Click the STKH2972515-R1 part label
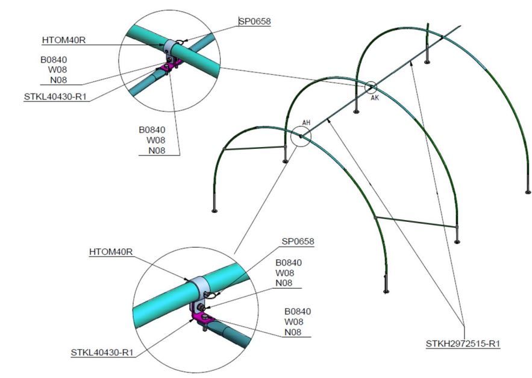tap(463, 344)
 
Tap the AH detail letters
tap(306, 122)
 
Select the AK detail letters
tap(375, 98)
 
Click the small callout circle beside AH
tap(301, 136)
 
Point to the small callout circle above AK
tap(371, 87)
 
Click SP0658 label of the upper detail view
tap(255, 21)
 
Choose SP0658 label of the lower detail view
tap(298, 242)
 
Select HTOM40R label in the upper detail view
tap(64, 40)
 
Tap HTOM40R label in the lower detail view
tap(111, 251)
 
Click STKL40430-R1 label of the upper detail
tap(55, 97)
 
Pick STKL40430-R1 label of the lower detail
tap(102, 353)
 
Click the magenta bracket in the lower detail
tap(201, 314)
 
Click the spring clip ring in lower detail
tap(211, 295)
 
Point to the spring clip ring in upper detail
tap(180, 42)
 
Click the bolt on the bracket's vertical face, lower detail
tap(200, 308)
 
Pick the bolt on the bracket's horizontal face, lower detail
tap(205, 317)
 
